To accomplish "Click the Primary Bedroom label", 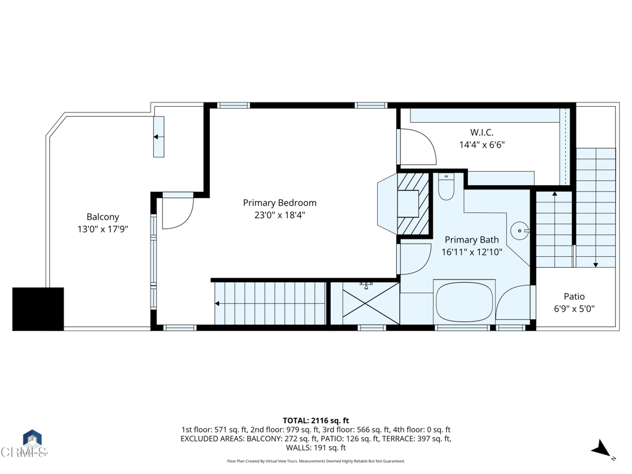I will [280, 203].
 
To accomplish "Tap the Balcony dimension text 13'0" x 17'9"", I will [102, 229].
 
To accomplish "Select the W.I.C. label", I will [481, 132].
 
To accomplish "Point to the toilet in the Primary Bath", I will [446, 188].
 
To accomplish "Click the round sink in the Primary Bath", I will [520, 231].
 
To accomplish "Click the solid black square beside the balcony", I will [38, 309].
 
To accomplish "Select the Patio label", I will [574, 296].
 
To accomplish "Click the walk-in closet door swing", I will [417, 147].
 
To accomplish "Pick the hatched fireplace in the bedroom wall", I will [412, 203].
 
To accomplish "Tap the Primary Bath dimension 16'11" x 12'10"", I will [472, 252].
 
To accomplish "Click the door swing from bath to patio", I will [513, 302].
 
